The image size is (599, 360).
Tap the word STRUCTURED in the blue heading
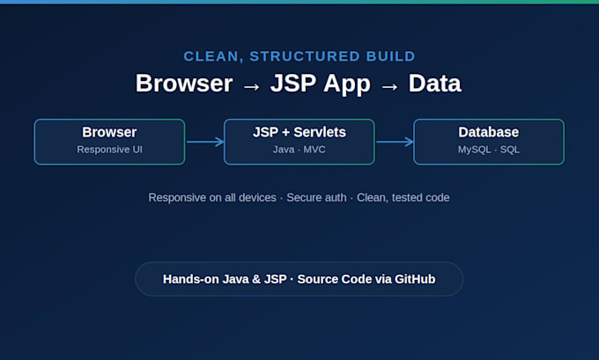[x=305, y=56]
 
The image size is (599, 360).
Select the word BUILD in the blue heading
[x=390, y=56]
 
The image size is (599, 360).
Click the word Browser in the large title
[x=184, y=84]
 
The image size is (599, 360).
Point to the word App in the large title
[x=347, y=84]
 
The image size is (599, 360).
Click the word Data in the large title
[x=435, y=84]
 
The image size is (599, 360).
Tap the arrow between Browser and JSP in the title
[x=252, y=87]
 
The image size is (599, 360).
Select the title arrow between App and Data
[x=389, y=87]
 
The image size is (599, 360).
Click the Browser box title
[x=109, y=132]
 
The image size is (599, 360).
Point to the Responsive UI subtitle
[x=109, y=150]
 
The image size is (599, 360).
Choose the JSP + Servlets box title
[x=299, y=132]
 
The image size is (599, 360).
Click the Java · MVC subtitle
[x=299, y=150]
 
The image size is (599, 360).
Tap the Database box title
[x=489, y=132]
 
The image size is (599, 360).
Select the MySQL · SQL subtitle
[x=489, y=150]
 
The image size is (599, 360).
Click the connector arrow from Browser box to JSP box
[x=204, y=142]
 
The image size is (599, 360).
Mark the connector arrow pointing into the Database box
[x=395, y=142]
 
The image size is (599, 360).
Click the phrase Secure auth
[x=316, y=197]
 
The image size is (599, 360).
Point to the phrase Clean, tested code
[x=403, y=198]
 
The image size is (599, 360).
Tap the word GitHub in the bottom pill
[x=415, y=279]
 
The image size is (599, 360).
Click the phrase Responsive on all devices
[x=212, y=198]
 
